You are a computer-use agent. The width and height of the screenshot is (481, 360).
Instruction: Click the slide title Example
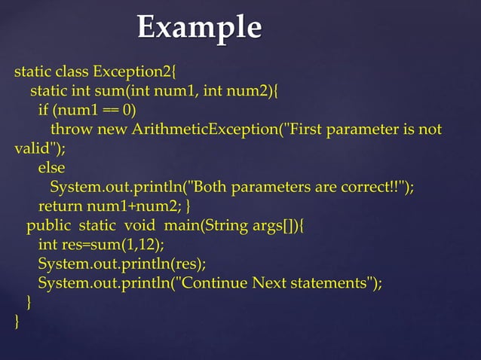pyautogui.click(x=199, y=28)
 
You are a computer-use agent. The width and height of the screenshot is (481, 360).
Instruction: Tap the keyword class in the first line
pyautogui.click(x=71, y=73)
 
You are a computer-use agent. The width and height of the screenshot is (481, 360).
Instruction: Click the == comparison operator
pyautogui.click(x=112, y=111)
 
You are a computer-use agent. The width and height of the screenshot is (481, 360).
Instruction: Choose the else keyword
pyautogui.click(x=51, y=167)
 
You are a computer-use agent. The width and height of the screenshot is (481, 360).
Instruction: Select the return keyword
pyautogui.click(x=61, y=206)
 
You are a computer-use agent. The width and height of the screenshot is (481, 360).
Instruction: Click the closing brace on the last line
pyautogui.click(x=17, y=322)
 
